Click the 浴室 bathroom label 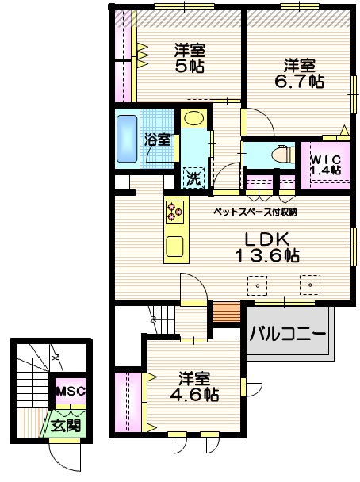click(x=157, y=140)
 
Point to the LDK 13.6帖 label click(x=266, y=247)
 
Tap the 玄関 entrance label click(x=66, y=425)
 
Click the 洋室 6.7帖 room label click(x=299, y=72)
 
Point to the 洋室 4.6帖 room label click(x=193, y=385)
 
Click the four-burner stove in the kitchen click(x=174, y=211)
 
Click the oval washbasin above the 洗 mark click(x=193, y=119)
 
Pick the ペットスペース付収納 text click(x=255, y=212)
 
